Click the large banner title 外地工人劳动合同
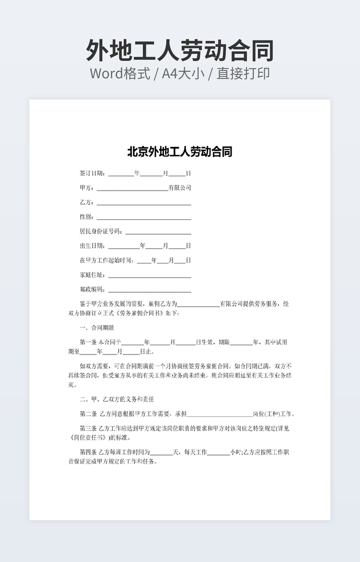pos(179,51)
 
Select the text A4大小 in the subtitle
pos(184,73)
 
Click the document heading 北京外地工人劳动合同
pos(179,152)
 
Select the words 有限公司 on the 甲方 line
pos(180,188)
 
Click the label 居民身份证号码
pos(101,232)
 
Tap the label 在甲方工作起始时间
pos(107,260)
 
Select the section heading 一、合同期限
pos(97,328)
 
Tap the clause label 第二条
pos(88,414)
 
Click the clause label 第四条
pos(88,452)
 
